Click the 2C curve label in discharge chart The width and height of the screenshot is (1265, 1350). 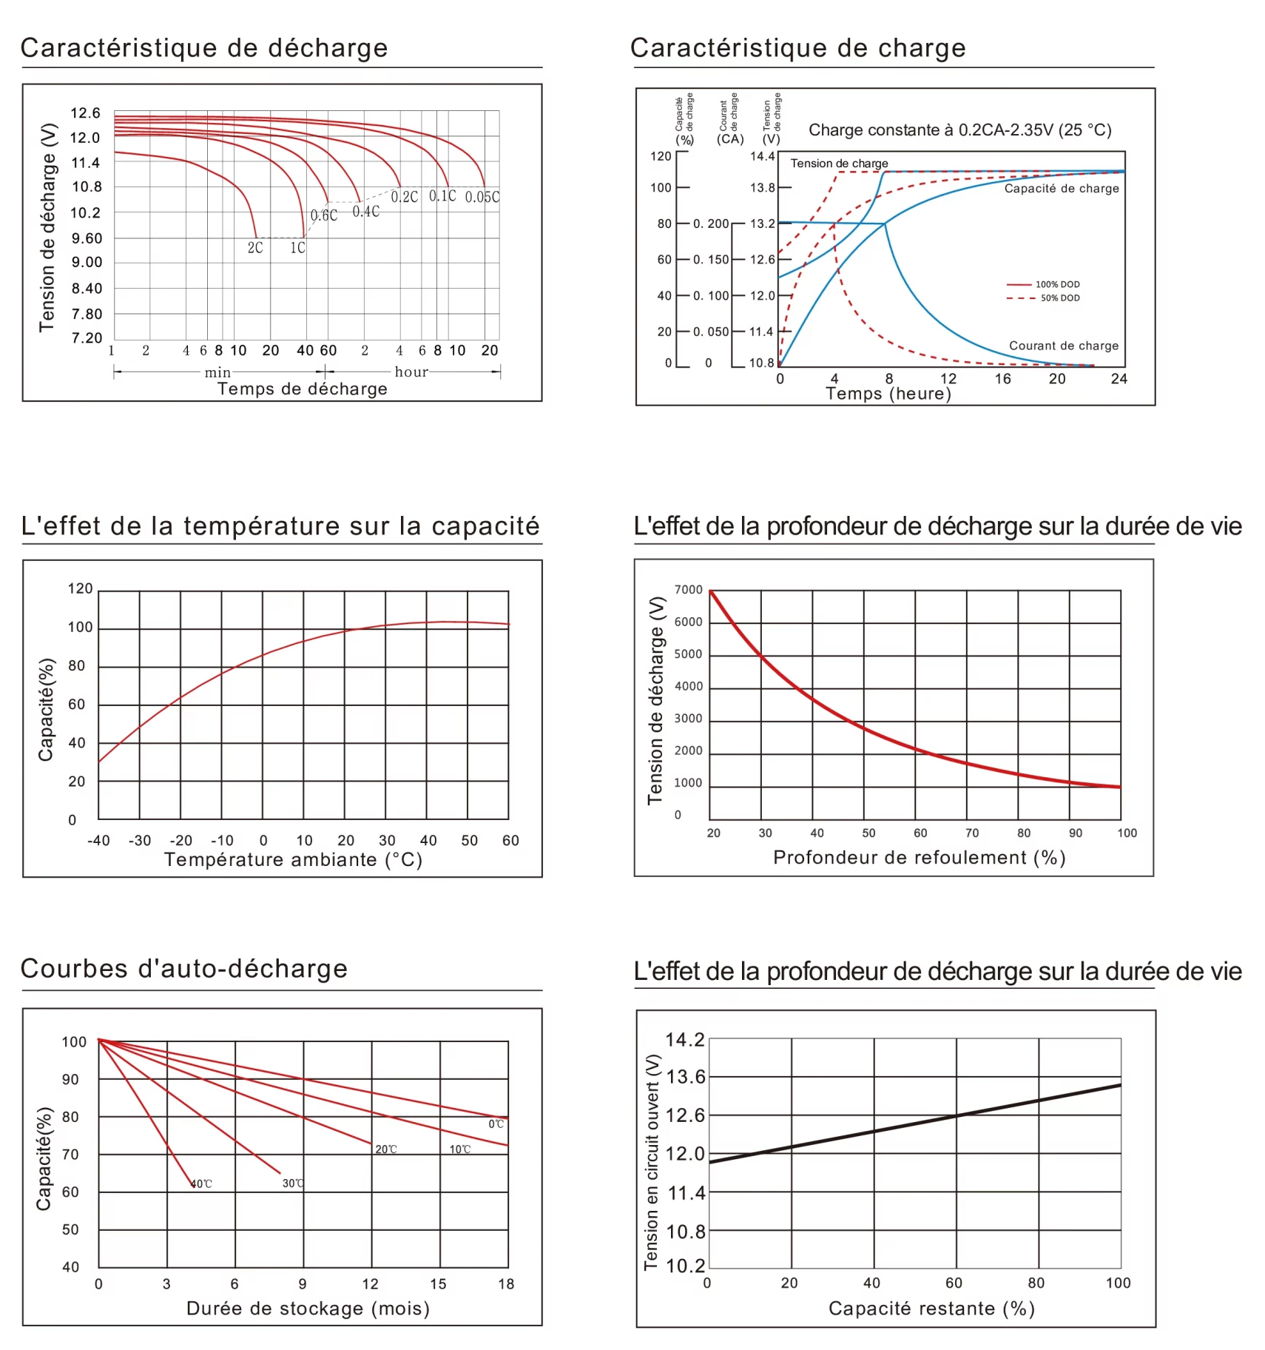click(255, 248)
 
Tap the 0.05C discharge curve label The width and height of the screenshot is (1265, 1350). click(482, 197)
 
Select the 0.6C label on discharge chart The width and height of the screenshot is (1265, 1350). click(324, 215)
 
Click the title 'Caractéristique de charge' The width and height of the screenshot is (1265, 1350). click(797, 48)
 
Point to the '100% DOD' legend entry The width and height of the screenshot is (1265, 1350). click(1057, 284)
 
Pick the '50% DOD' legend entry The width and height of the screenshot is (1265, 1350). click(1060, 298)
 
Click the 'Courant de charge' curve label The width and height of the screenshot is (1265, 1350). click(1063, 346)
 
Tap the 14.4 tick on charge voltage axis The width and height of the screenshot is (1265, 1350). click(762, 156)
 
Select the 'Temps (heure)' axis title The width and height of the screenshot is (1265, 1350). click(888, 394)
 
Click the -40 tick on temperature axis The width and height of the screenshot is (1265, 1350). click(98, 841)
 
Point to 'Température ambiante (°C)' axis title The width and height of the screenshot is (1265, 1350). click(293, 860)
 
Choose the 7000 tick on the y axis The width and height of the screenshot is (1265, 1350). click(688, 590)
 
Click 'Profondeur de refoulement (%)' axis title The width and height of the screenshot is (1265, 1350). click(919, 858)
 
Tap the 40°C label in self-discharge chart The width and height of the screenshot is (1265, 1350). click(201, 1184)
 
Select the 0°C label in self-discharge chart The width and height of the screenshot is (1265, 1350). click(496, 1124)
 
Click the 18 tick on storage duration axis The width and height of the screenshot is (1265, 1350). click(506, 1284)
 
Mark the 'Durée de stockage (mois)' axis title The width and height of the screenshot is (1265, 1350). click(308, 1309)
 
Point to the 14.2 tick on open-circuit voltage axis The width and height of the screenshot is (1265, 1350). click(685, 1040)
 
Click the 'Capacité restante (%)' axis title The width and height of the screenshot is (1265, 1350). click(931, 1309)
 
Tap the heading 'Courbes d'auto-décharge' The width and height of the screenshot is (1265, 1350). click(184, 969)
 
